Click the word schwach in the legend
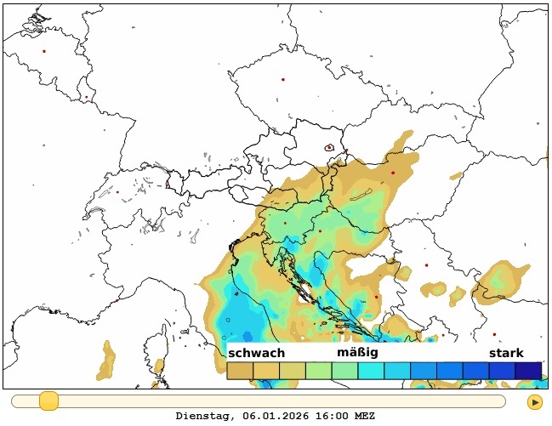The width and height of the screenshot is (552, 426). (257, 353)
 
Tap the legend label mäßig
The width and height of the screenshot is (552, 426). (357, 352)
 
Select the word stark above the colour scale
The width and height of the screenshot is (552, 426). (506, 353)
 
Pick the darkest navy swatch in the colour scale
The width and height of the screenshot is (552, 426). (529, 371)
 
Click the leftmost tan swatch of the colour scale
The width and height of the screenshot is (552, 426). (240, 371)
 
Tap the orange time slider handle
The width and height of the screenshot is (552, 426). (48, 400)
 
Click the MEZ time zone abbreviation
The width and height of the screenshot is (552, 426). (364, 417)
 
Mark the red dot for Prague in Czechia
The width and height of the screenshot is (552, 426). (283, 80)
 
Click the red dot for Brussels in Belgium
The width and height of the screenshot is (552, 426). (44, 50)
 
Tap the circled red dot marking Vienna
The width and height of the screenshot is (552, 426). (329, 148)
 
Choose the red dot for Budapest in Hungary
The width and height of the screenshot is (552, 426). (393, 173)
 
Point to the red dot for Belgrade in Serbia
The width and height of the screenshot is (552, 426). (427, 264)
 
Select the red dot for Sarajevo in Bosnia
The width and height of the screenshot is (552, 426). (377, 297)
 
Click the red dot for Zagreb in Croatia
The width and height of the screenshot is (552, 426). (320, 230)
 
